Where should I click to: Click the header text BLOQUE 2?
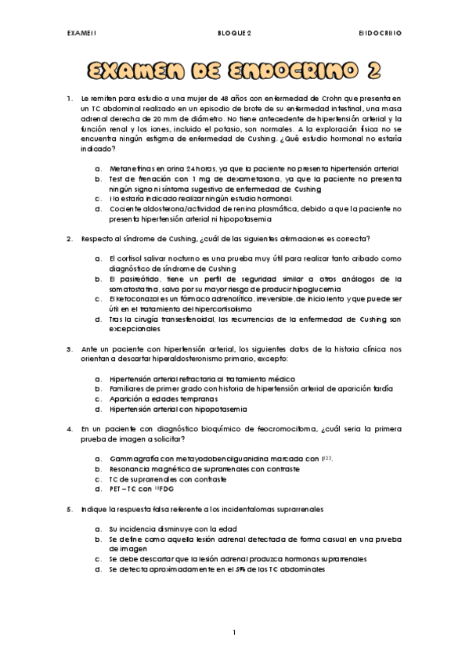pos(234,34)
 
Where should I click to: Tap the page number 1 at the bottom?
pos(234,631)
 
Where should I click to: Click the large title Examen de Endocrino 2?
pos(234,72)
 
